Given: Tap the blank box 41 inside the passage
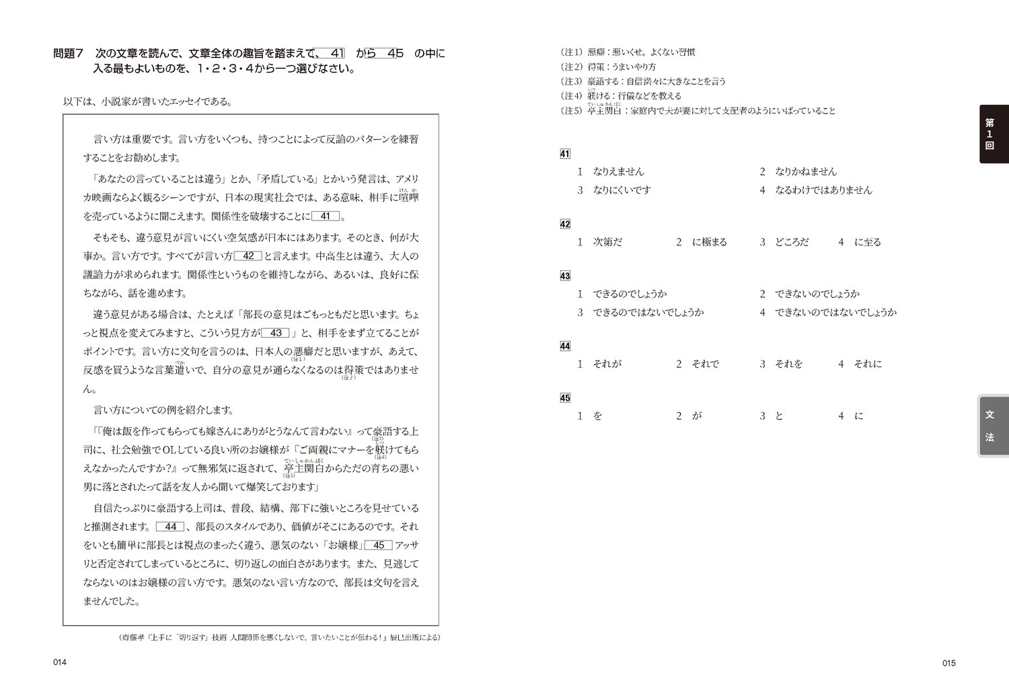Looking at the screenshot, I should tap(326, 217).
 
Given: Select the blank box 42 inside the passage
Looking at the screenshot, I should tap(248, 256).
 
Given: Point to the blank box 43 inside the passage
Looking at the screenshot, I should tap(275, 333).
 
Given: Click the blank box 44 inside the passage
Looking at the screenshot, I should tap(170, 527).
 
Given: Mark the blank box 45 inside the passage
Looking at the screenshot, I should tap(379, 545).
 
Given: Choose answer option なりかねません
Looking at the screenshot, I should tap(806, 171).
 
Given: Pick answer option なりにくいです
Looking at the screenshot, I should tap(622, 190).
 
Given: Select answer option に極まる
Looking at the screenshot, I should tap(709, 242).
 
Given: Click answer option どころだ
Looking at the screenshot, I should tap(792, 242).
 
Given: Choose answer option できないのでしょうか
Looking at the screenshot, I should tap(817, 294).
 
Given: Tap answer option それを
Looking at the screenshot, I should tap(789, 364).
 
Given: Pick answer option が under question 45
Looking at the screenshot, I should tap(697, 416).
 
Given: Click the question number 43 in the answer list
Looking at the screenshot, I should tap(565, 276).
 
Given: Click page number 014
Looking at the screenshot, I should tap(60, 663).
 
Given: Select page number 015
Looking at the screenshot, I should tap(948, 663).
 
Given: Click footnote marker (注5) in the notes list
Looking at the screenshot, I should tap(571, 111).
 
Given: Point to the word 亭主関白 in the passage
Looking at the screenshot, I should tap(305, 469).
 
